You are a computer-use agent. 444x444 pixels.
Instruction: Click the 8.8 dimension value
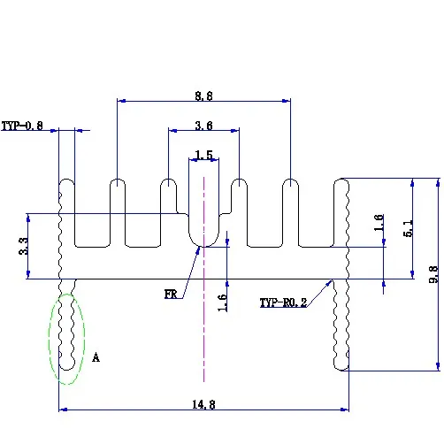(x=203, y=96)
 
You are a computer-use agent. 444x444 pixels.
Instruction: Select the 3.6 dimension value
(x=203, y=126)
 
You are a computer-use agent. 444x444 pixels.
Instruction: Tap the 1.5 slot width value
(x=203, y=155)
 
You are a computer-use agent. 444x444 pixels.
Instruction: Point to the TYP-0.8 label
(x=22, y=126)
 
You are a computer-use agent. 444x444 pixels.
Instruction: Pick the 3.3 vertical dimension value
(x=24, y=246)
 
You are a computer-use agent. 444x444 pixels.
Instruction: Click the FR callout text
(x=171, y=295)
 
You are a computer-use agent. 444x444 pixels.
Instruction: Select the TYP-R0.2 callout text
(x=283, y=302)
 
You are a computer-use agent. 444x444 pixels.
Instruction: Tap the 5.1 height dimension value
(x=409, y=228)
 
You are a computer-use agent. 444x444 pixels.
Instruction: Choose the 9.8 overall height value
(x=433, y=274)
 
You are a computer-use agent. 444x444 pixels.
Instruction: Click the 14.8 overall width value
(x=203, y=404)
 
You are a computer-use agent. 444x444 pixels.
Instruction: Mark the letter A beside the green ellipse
(x=96, y=357)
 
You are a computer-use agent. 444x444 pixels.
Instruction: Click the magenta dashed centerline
(x=203, y=279)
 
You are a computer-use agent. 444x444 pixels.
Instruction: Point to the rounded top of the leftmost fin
(x=67, y=180)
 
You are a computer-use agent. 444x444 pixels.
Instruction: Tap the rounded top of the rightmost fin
(x=341, y=179)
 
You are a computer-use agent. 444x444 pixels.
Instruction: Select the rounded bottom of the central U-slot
(x=203, y=246)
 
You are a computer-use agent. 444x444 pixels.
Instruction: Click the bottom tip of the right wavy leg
(x=341, y=370)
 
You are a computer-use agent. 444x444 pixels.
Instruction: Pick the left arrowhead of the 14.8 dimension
(x=63, y=410)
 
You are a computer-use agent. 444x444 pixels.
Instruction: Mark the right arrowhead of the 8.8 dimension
(x=287, y=101)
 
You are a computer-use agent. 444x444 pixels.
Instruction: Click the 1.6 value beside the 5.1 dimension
(x=379, y=223)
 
